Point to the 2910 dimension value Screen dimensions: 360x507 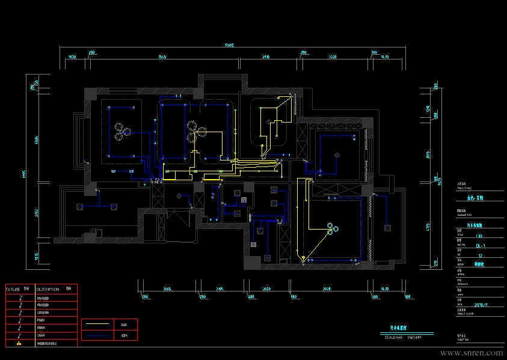tap(265, 57)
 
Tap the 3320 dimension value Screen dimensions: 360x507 tap(333, 57)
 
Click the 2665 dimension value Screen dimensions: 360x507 tap(167, 289)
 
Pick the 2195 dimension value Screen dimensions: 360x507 tap(220, 289)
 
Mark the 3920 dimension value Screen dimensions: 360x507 tap(327, 289)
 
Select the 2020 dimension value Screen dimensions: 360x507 tap(267, 289)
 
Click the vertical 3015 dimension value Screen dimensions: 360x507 tap(428, 154)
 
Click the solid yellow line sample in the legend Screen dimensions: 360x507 tap(97, 325)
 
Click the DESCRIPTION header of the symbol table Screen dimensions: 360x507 tap(48, 288)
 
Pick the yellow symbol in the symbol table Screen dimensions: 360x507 tap(20, 344)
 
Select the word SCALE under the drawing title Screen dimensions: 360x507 tap(392, 337)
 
